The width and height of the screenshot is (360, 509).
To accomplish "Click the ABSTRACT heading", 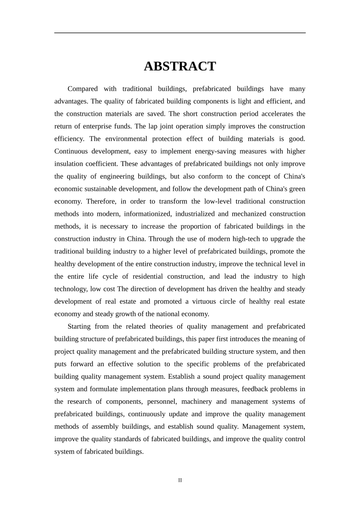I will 180,66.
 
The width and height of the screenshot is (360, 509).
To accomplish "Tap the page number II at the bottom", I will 180,480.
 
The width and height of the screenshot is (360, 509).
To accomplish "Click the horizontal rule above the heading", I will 180,33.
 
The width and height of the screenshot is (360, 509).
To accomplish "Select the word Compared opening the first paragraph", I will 83,89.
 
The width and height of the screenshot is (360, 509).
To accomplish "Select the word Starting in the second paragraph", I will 79,326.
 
